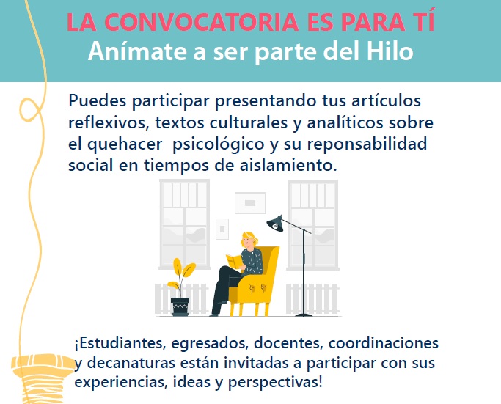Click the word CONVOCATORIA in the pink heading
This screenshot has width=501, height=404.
point(201,22)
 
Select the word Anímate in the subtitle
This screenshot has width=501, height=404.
point(137,51)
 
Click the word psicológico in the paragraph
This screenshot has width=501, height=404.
point(219,144)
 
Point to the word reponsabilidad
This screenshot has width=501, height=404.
point(367,144)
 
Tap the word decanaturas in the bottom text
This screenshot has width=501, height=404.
point(131,363)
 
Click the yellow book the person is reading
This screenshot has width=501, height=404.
point(235,262)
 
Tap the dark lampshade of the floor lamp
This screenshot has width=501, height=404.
point(275,224)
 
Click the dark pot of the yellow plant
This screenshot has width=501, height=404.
point(180,306)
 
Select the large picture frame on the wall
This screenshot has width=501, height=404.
point(250,203)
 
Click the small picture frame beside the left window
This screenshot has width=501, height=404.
point(222,229)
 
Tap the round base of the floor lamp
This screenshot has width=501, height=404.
point(304,315)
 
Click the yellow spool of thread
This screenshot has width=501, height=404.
point(42,379)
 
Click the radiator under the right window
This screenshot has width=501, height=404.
point(312,298)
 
